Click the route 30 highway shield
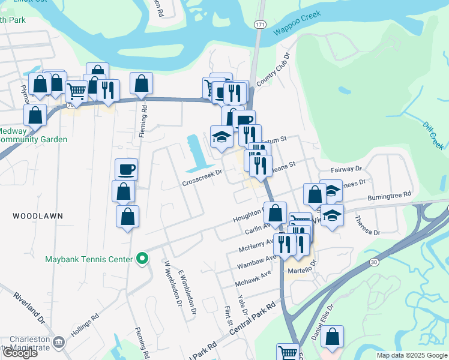(x=374, y=262)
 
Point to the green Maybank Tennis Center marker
(x=142, y=259)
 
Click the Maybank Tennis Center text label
(x=88, y=260)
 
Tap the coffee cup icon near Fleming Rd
(x=126, y=169)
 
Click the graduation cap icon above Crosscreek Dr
(x=221, y=135)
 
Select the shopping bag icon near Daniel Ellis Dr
(x=332, y=337)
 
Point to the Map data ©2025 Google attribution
(x=412, y=355)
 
